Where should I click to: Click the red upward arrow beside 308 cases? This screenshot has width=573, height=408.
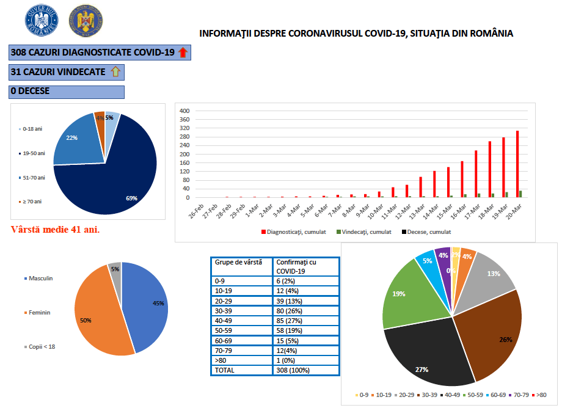(183, 53)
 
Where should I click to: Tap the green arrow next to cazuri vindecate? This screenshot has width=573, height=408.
(116, 72)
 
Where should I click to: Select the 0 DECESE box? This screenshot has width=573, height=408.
(67, 92)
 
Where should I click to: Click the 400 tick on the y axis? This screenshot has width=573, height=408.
(184, 111)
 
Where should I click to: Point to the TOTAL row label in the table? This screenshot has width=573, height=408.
(225, 370)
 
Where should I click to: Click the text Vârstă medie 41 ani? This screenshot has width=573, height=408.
(56, 230)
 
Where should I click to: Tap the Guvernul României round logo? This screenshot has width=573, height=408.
(41, 20)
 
